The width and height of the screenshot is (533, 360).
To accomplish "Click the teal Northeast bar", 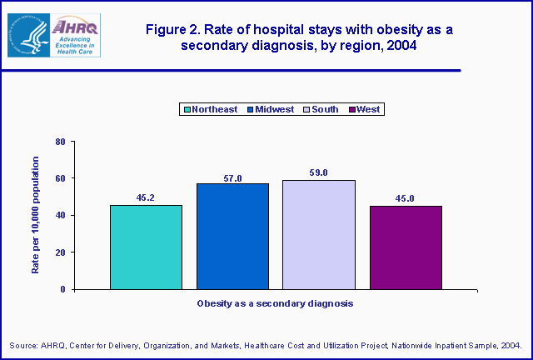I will click(x=146, y=247).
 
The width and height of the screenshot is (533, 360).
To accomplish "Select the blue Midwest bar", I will click(x=232, y=237).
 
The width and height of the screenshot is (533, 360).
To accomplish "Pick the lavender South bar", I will click(x=319, y=235).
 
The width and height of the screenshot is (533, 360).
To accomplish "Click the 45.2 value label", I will click(x=147, y=198).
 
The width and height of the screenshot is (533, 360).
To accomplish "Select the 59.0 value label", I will click(x=319, y=172).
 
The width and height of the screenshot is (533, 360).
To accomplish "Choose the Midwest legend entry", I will click(x=271, y=109).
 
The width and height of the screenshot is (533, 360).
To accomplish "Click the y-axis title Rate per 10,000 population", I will click(x=35, y=215).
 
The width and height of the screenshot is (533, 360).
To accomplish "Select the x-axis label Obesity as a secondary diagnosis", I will click(x=275, y=304).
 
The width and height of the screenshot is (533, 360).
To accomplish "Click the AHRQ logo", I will click(x=54, y=35).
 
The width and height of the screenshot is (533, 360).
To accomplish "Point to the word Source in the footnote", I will click(x=25, y=345).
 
